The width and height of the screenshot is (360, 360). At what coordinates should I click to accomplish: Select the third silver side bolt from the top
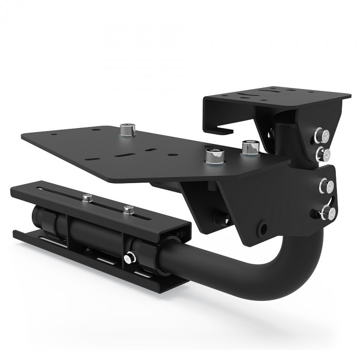325,185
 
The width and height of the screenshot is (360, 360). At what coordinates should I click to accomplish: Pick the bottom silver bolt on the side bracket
328,212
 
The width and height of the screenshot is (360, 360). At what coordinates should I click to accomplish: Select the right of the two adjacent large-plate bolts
248,148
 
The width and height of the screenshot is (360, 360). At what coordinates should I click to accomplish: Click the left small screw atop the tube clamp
87,197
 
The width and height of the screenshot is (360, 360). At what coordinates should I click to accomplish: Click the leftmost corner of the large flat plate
22,136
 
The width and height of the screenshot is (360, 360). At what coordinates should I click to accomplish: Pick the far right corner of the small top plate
350,96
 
